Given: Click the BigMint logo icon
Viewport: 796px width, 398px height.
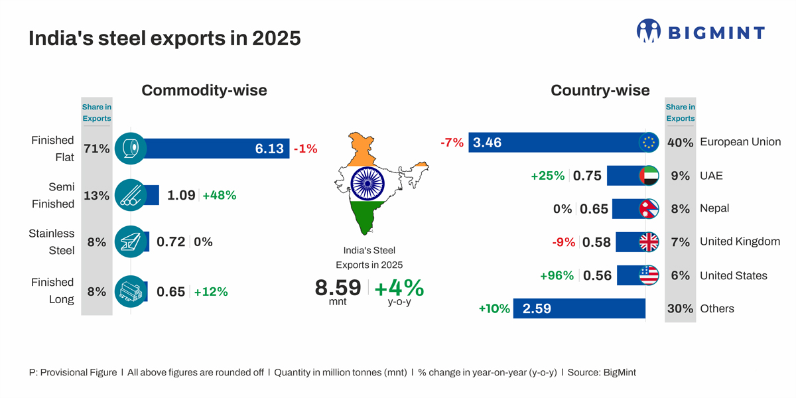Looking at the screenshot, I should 649,31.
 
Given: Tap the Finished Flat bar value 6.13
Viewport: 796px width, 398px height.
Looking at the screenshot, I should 269,149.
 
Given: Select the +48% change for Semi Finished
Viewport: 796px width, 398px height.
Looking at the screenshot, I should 220,195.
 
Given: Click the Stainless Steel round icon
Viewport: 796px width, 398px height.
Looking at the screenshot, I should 131,242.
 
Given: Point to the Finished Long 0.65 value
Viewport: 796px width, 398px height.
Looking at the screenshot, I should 170,291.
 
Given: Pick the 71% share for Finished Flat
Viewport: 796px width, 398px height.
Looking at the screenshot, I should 97,149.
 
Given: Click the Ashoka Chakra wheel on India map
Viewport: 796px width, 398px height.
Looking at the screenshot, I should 363,184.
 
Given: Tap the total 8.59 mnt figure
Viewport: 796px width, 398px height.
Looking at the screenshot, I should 338,288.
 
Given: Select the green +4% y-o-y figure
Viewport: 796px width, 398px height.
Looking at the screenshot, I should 399,288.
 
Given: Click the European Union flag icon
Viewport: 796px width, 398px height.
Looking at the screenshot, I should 649,142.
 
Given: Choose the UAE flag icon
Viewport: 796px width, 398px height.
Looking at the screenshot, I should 649,176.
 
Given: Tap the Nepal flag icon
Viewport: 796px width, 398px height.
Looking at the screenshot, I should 649,209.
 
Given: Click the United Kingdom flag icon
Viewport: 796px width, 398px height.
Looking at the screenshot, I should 649,242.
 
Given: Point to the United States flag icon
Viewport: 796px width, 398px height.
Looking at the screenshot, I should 649,275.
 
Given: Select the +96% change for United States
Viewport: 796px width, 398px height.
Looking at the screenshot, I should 557,275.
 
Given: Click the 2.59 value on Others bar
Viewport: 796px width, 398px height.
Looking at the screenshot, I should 537,308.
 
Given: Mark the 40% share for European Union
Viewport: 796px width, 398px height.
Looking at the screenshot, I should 680,142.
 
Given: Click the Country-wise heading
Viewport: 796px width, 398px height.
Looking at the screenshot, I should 600,90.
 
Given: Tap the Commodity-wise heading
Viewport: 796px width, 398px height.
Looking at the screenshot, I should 204,90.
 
